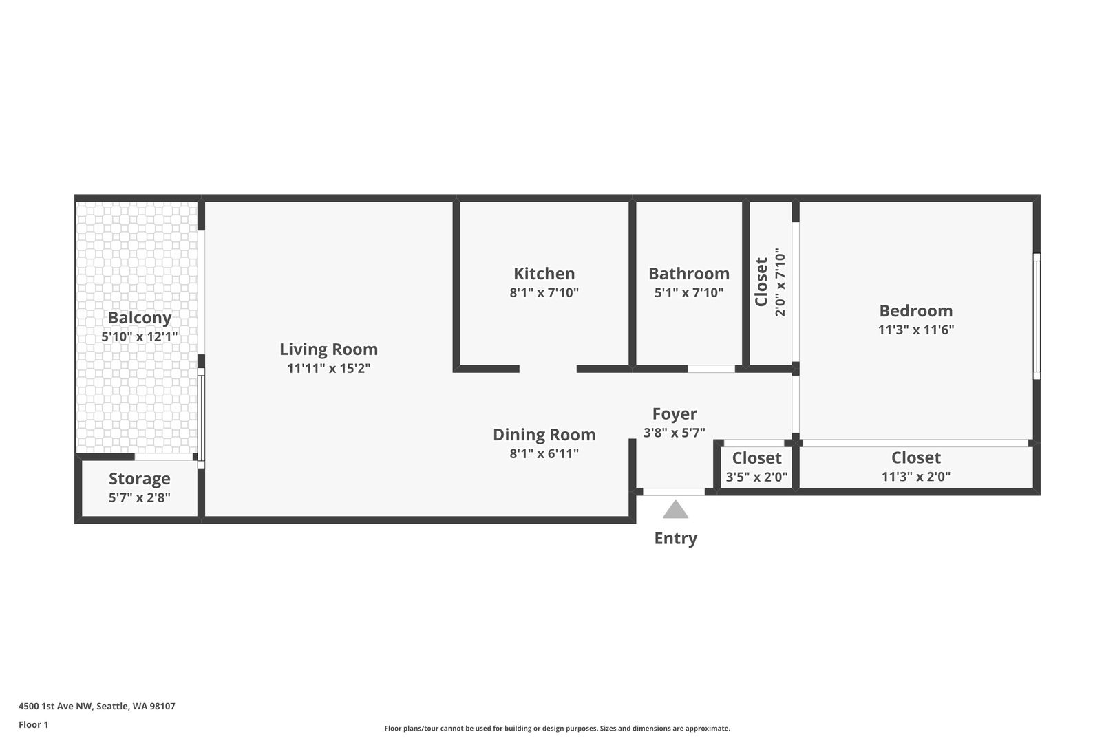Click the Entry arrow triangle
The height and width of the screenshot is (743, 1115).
(x=675, y=510)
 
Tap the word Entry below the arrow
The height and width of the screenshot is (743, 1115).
(x=675, y=539)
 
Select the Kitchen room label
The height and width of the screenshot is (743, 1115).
(x=544, y=273)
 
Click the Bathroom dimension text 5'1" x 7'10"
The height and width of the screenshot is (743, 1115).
(x=689, y=292)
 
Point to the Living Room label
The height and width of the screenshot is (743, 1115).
(x=328, y=349)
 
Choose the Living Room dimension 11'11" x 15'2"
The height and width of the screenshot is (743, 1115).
(x=328, y=368)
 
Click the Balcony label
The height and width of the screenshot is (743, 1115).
(x=139, y=318)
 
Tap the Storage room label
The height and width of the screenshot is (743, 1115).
(x=139, y=479)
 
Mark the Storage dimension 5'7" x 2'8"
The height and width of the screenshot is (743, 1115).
(x=139, y=497)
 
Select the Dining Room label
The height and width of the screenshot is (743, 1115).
(x=544, y=435)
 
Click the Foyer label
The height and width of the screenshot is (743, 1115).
(x=675, y=414)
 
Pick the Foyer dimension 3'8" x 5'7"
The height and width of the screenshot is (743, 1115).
(x=675, y=433)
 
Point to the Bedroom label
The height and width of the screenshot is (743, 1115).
(x=916, y=311)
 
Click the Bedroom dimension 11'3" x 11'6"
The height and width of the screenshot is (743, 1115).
(x=916, y=330)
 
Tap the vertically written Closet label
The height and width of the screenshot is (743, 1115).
(x=762, y=281)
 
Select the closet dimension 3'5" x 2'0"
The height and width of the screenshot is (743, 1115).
(x=756, y=477)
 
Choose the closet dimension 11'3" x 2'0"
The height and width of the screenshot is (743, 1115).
(x=916, y=477)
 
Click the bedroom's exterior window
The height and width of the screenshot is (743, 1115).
(x=1037, y=316)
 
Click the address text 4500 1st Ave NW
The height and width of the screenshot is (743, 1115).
(x=55, y=706)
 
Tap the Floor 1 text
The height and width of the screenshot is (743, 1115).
(x=33, y=725)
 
